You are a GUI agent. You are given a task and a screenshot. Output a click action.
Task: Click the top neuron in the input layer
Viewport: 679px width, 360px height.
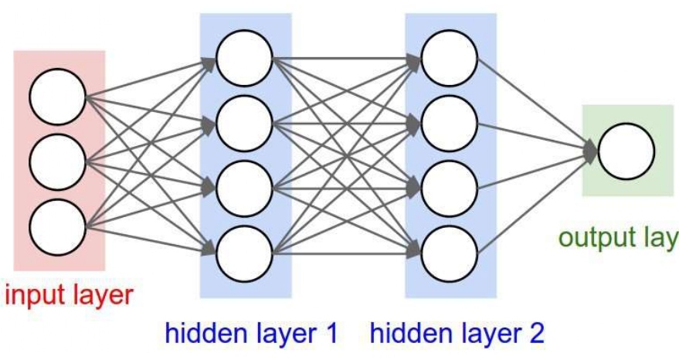57,97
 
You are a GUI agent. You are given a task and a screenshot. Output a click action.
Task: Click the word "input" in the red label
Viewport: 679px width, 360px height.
32,295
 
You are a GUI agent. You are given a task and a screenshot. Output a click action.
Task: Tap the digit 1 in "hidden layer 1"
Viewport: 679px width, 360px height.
331,335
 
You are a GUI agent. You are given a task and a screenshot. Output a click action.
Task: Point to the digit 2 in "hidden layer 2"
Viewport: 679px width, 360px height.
536,335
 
